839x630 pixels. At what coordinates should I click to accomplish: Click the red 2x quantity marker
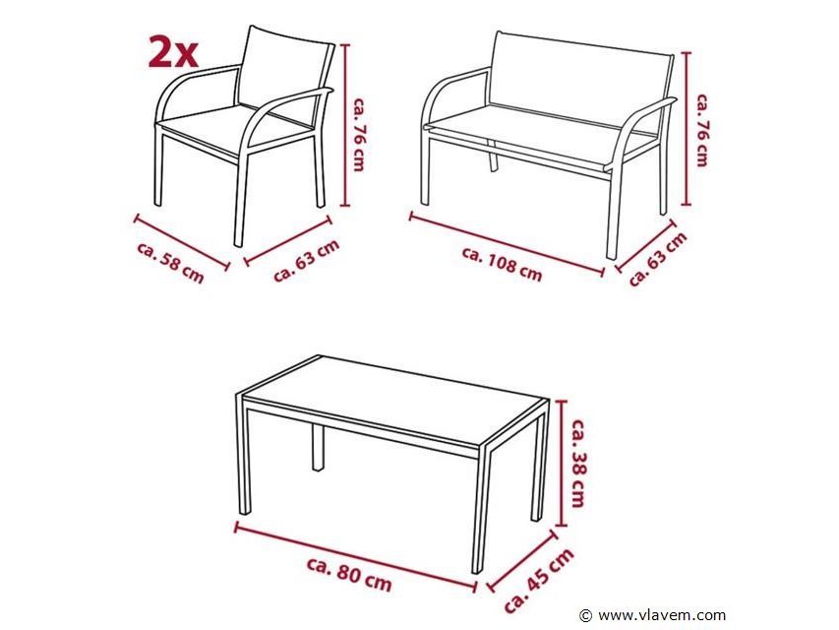click(173, 53)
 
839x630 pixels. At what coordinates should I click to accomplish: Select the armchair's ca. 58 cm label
click(171, 263)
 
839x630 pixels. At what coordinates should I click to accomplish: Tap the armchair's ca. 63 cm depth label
click(307, 260)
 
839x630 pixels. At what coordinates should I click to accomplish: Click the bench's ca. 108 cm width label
click(502, 264)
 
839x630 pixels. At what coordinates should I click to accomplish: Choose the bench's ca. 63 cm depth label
click(658, 259)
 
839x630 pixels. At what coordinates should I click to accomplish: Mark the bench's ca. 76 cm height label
click(702, 130)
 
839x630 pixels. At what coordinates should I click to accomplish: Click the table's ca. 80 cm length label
click(349, 573)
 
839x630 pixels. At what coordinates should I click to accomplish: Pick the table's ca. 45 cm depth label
click(539, 580)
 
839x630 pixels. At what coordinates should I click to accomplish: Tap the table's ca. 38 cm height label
click(578, 463)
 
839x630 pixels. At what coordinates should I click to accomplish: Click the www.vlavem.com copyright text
click(653, 615)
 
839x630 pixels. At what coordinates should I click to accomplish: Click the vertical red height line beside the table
click(560, 464)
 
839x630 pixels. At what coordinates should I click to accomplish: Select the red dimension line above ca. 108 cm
click(506, 245)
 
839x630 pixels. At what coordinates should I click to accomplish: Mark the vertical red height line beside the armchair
click(345, 125)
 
